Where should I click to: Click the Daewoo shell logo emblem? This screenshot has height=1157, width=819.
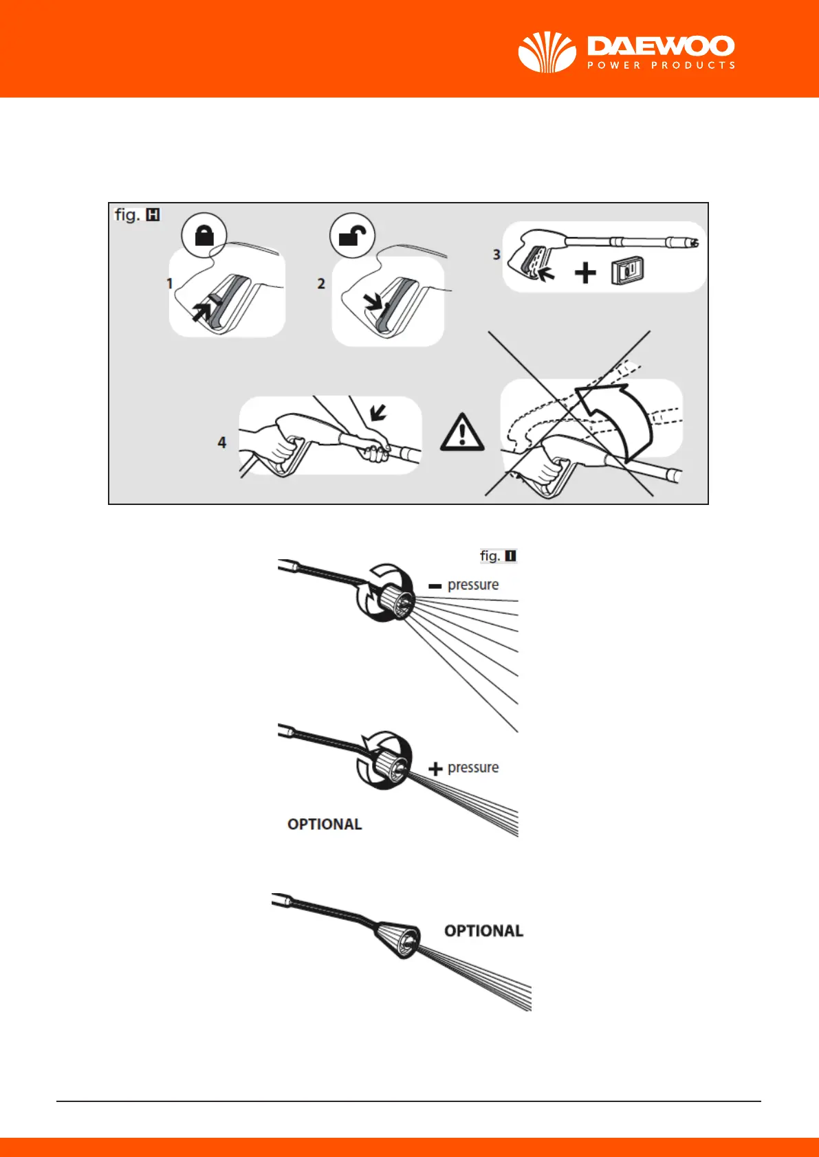point(547,52)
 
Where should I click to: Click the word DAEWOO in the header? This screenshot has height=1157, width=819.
point(661,47)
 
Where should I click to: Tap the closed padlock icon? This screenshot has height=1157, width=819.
point(205,236)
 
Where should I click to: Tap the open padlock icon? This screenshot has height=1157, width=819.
point(353,236)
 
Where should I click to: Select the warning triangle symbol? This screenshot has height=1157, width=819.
point(463,432)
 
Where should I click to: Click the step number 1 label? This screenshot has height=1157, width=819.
point(170,283)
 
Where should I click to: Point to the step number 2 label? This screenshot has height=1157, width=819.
point(321,284)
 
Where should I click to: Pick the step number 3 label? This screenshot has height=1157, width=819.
point(496,255)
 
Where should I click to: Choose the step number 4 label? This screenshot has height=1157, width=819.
point(222,442)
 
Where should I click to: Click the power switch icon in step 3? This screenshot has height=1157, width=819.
point(626,272)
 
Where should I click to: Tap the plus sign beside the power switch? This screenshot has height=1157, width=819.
point(585,273)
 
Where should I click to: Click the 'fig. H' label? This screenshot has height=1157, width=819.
point(137,215)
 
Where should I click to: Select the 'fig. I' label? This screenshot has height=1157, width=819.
point(498,556)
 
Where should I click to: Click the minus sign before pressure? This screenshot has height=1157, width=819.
point(435,586)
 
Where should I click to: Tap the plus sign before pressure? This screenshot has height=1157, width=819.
point(435,769)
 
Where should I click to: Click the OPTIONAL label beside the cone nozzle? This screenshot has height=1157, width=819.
point(483,931)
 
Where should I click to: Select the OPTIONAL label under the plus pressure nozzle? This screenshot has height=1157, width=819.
point(325,824)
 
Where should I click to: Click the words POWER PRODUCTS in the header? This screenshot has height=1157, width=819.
point(661,65)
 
